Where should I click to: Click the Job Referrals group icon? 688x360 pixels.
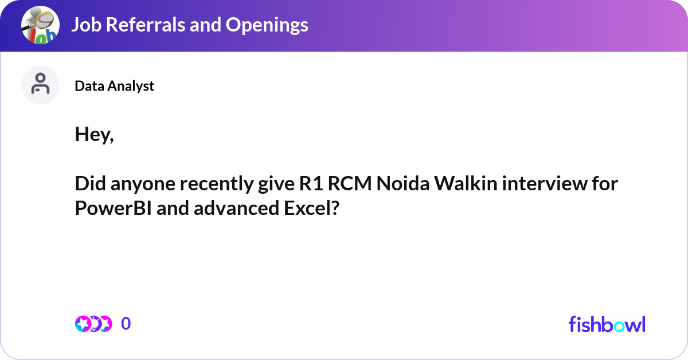pos(40,25)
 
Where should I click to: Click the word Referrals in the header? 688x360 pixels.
pos(145,25)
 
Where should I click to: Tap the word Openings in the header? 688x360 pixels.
pos(267,25)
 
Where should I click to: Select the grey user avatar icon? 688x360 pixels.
pos(40,85)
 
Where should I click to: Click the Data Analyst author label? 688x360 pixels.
pos(114,86)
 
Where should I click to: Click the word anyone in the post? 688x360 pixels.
pos(143,183)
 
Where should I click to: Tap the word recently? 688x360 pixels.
pos(217,183)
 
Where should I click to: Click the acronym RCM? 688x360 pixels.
pos(350,183)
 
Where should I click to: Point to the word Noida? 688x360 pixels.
pos(403,183)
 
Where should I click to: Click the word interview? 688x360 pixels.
pos(545,183)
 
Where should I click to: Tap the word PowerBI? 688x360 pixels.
pos(114,208)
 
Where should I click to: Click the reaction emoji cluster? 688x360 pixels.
pos(93,324)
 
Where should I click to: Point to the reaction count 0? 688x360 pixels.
pos(126,323)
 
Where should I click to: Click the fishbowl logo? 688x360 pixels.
pos(607,324)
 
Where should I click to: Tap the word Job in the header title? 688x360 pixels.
pos(87,25)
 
